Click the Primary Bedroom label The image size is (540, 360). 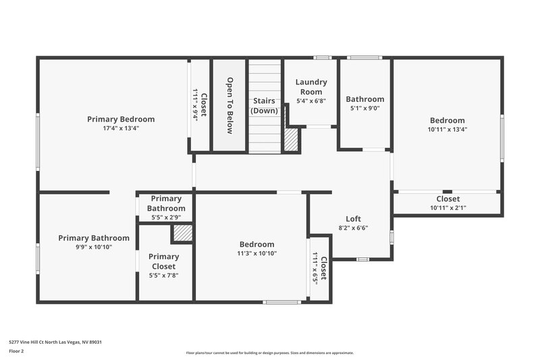[120, 119]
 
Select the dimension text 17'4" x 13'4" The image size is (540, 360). [120, 128]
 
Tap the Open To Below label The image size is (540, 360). [230, 105]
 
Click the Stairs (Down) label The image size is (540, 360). [264, 105]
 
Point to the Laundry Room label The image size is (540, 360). [310, 86]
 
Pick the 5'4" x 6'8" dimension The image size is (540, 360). [310, 101]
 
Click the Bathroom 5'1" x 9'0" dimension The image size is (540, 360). [364, 107]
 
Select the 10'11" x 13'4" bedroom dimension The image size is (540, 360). [447, 129]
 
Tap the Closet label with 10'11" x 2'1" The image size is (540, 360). [448, 199]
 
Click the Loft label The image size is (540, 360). [353, 219]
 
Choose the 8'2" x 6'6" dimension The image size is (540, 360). [353, 228]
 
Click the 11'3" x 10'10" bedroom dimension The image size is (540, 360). [256, 253]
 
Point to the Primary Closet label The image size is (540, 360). [163, 261]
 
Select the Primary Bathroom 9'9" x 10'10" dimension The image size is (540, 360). [93, 247]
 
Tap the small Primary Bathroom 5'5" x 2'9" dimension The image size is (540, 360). [165, 217]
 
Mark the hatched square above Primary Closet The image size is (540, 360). [182, 233]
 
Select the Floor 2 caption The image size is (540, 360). [16, 351]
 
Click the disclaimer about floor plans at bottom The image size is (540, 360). [269, 353]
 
